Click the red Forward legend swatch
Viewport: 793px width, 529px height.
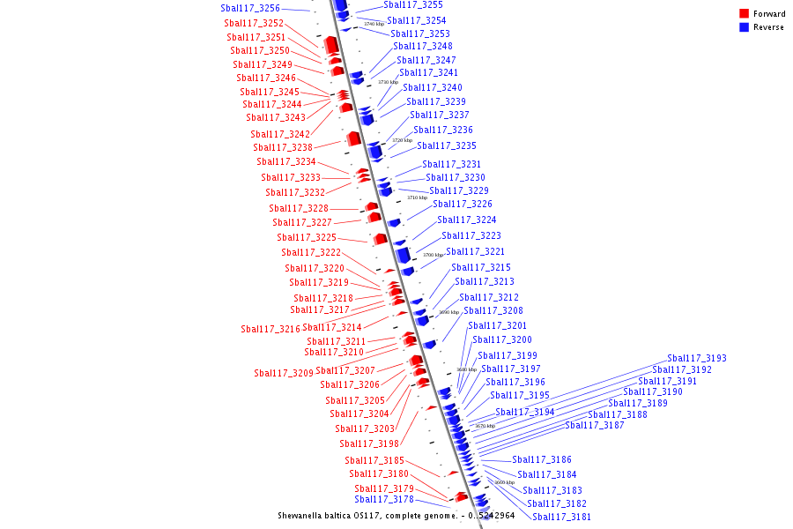point(745,14)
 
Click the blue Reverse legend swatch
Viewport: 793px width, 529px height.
point(745,27)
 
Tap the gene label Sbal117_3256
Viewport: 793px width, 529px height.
point(250,8)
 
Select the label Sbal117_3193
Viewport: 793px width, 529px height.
point(697,358)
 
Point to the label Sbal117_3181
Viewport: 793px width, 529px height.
point(561,517)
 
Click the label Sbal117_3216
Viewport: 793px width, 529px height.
point(271,329)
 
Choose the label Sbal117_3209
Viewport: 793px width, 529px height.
point(284,373)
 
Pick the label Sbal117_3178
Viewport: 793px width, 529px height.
point(384,499)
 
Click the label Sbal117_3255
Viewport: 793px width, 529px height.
point(413,4)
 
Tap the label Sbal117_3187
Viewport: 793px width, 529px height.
point(595,425)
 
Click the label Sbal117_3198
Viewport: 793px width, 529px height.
point(369,443)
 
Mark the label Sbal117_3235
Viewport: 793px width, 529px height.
point(447,145)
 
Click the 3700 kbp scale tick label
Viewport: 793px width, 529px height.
point(433,255)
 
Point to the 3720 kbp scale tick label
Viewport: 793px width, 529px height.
point(402,140)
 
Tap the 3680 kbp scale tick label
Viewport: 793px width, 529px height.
point(466,369)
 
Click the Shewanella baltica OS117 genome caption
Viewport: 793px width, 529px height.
point(396,515)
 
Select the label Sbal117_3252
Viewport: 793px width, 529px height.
point(254,23)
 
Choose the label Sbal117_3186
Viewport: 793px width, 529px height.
point(542,459)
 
